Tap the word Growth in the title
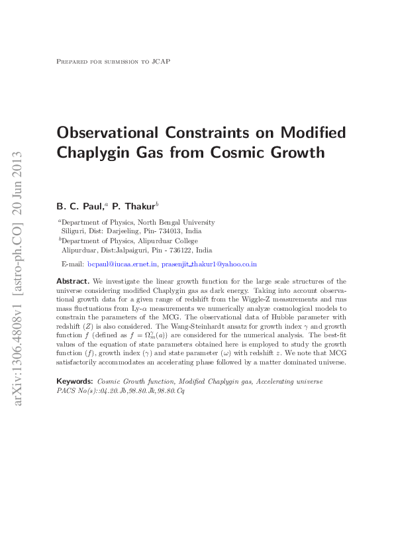(x=294, y=153)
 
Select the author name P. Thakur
(x=134, y=206)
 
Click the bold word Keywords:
(x=75, y=382)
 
